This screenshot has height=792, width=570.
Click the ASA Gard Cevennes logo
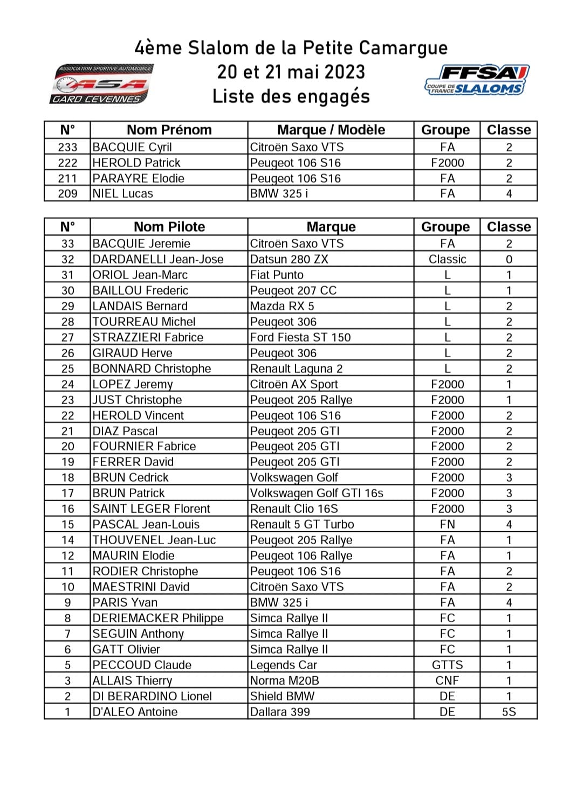(x=101, y=84)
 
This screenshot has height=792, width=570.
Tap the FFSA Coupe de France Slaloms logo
(x=476, y=80)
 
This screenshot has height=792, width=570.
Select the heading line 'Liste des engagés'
(x=291, y=96)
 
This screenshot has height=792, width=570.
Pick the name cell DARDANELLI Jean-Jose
(x=157, y=259)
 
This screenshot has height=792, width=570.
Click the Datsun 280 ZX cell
(x=289, y=259)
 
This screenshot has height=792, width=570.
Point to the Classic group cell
(x=447, y=259)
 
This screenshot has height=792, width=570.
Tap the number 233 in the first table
(x=67, y=147)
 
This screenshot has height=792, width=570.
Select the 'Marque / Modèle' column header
(x=331, y=130)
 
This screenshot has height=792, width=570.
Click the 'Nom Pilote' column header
(x=169, y=227)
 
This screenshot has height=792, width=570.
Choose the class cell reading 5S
(x=509, y=712)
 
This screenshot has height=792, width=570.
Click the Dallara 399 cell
(x=280, y=712)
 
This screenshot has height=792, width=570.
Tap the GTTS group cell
(x=447, y=665)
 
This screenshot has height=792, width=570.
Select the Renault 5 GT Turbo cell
(x=302, y=524)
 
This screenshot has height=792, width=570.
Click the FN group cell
(x=447, y=524)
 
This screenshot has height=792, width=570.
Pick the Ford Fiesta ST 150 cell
(x=300, y=337)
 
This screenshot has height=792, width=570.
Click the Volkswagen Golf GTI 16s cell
(x=317, y=493)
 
